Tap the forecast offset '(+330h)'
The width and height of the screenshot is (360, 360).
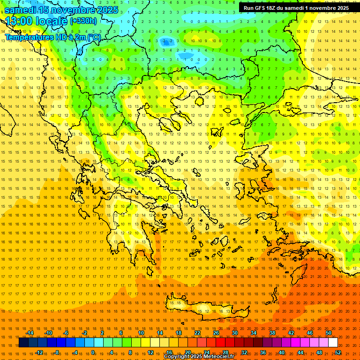tap(83, 21)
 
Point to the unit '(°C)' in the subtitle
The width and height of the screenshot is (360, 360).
tap(93, 37)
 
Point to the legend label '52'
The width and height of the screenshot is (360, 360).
tap(338, 352)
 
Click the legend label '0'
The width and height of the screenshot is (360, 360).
tap(93, 352)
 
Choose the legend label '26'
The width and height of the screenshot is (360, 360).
tap(216, 333)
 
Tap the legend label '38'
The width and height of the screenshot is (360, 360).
tap(272, 333)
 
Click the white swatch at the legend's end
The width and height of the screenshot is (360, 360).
tap(333, 343)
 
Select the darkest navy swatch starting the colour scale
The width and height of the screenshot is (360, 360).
tap(23, 343)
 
